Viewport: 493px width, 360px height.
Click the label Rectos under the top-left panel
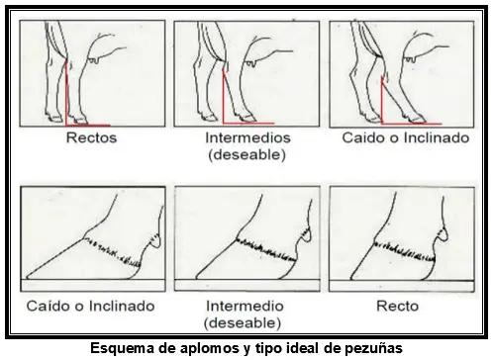(91, 137)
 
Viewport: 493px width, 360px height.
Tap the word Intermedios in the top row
(247, 137)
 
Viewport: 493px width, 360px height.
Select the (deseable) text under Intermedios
(246, 154)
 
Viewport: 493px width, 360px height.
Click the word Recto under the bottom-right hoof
(398, 307)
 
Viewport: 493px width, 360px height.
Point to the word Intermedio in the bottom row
(245, 307)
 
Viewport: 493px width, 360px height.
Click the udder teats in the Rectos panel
(93, 60)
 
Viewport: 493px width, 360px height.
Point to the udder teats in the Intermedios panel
(250, 63)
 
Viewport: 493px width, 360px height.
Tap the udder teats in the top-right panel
(410, 59)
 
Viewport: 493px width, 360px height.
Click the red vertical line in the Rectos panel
(66, 93)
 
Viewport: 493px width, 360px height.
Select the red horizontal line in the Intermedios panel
(248, 124)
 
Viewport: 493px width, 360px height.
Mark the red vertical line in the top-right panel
(381, 100)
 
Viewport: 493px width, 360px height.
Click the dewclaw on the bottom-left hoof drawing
(154, 240)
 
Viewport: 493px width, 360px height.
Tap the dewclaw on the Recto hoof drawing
(443, 234)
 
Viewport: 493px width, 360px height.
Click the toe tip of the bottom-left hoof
(27, 278)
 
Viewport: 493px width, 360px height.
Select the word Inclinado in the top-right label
(437, 137)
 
